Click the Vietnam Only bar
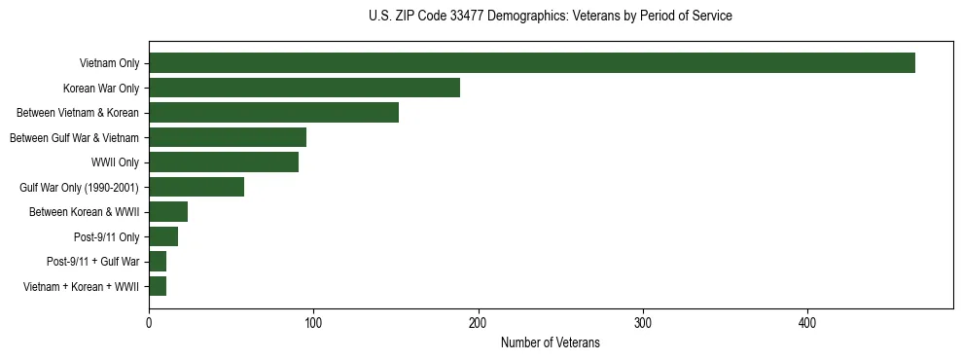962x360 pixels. [x=532, y=63]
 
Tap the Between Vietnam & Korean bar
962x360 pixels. [x=273, y=113]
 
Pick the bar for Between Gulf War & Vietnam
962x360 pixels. [x=228, y=137]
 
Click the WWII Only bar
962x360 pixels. [x=224, y=162]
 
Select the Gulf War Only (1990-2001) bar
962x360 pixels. [x=196, y=187]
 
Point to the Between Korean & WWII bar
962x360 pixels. [x=168, y=212]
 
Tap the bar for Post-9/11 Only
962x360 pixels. [x=163, y=236]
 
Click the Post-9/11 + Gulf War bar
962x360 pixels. [x=158, y=262]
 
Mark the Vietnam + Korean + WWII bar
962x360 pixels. [x=158, y=286]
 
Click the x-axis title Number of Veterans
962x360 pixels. [x=550, y=343]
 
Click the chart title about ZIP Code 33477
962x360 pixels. [x=550, y=17]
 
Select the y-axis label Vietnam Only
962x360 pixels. [x=109, y=64]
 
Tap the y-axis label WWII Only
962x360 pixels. [x=115, y=162]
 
